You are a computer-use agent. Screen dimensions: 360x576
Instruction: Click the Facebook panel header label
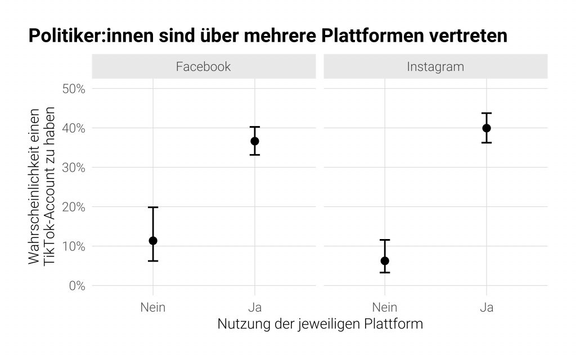point(203,66)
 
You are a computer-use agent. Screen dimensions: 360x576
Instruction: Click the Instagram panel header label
point(435,66)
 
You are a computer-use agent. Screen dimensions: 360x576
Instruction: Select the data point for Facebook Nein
point(152,241)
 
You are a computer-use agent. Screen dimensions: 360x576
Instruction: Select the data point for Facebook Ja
point(255,141)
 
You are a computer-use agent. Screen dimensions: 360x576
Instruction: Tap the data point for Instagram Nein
point(385,260)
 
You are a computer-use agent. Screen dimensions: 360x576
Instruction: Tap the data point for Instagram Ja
point(487,128)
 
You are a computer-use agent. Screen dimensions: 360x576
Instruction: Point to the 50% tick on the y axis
point(73,89)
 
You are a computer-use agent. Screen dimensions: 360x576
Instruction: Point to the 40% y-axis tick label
point(73,128)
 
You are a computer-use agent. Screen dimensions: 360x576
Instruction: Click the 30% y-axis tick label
point(73,168)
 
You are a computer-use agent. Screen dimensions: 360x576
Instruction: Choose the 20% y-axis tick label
point(73,207)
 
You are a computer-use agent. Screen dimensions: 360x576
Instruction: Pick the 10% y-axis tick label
point(73,246)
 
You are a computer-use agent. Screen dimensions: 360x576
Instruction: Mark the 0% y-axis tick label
point(76,286)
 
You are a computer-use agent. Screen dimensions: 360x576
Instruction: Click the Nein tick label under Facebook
point(152,307)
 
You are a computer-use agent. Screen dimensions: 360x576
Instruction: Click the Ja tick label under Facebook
point(255,307)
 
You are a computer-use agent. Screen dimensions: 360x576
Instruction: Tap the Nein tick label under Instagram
point(385,307)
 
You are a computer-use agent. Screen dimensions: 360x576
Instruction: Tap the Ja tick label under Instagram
point(487,307)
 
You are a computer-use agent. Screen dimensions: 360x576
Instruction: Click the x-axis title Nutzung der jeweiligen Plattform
point(319,325)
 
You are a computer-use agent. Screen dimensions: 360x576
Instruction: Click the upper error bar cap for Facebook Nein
point(152,208)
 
